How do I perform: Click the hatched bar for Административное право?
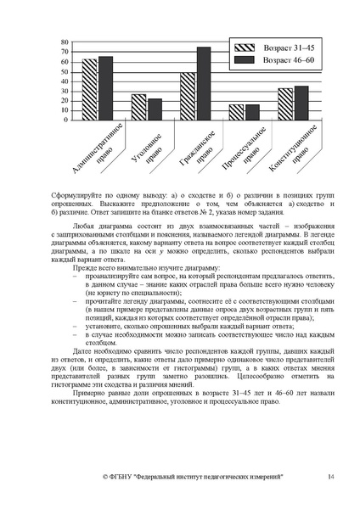click(89, 90)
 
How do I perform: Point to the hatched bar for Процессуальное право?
click(237, 112)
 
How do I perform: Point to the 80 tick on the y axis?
click(65, 40)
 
